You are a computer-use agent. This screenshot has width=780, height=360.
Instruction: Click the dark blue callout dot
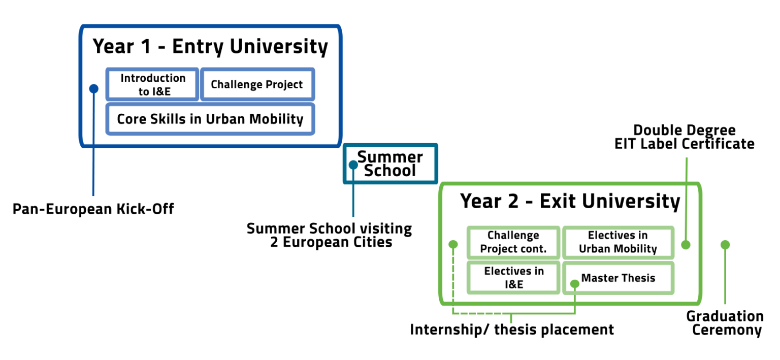[x=93, y=89]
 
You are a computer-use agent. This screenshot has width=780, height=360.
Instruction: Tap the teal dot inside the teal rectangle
[x=353, y=165]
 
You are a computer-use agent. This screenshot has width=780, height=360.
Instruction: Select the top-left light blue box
[x=152, y=84]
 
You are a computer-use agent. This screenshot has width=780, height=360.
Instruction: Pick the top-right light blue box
[x=257, y=84]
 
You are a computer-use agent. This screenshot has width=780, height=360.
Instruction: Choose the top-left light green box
[x=513, y=243]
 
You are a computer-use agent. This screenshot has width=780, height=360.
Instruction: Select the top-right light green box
[x=618, y=243]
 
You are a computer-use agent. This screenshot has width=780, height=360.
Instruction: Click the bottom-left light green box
[x=513, y=278]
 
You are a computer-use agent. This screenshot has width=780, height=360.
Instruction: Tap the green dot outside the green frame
[x=725, y=245]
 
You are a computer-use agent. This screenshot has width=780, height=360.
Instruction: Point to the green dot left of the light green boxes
[x=453, y=244]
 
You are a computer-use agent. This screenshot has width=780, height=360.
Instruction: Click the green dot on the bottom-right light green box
[x=574, y=284]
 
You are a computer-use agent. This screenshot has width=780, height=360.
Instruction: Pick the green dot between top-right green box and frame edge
[x=686, y=245]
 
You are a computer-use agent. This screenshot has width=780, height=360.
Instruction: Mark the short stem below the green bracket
[x=511, y=319]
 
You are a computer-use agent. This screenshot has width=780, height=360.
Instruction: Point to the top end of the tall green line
[x=687, y=159]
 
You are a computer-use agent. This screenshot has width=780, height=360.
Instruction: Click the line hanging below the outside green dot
[x=725, y=279]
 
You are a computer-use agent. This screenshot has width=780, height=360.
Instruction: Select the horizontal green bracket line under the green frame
[x=513, y=314]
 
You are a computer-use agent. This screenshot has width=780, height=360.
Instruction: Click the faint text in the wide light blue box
[x=210, y=120]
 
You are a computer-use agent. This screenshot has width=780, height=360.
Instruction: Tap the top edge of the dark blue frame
[x=210, y=26]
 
